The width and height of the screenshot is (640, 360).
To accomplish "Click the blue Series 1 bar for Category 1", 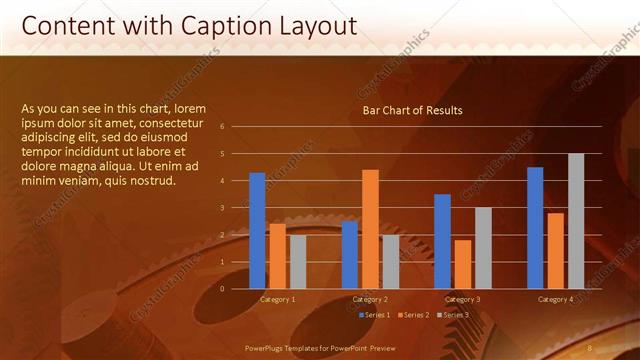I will (x=257, y=231).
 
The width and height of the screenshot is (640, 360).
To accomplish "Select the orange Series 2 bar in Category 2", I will (x=370, y=229).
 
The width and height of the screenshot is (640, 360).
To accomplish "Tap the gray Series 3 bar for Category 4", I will (x=576, y=221).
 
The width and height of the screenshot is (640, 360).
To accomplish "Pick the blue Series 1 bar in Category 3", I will (x=442, y=241).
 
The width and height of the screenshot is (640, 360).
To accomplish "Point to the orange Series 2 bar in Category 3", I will (x=462, y=264).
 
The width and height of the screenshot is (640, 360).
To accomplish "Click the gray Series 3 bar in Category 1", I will (x=297, y=261).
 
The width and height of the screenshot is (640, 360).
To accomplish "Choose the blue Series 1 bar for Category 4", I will (x=535, y=228).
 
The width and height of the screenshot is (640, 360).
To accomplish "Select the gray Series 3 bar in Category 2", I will (x=390, y=261).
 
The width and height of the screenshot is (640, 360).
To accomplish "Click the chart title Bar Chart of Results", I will (x=412, y=110).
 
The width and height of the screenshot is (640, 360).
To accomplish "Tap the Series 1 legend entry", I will (x=374, y=315).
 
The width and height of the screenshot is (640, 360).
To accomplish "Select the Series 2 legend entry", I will (x=415, y=315).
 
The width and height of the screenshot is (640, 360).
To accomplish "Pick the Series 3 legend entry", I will (x=454, y=315).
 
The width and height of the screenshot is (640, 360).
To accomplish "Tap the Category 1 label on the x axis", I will (x=277, y=299).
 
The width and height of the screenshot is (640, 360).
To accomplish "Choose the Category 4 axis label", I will (x=555, y=299).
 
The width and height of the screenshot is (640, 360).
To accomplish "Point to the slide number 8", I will (x=590, y=347).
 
